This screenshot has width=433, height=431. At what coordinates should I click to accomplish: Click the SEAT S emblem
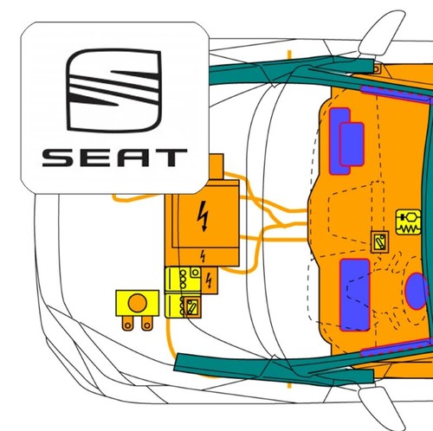click(113, 90)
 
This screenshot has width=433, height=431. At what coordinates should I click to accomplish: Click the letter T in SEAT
click(171, 158)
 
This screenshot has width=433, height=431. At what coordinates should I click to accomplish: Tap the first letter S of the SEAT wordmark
click(58, 158)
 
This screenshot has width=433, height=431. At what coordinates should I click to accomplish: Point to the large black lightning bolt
click(204, 215)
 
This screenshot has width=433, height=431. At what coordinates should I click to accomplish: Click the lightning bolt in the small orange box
click(209, 280)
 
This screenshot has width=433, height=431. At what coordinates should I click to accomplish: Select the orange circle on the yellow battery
click(138, 303)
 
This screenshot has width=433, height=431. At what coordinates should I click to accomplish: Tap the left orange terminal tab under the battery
click(127, 323)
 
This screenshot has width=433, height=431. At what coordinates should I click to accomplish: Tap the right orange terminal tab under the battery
click(147, 323)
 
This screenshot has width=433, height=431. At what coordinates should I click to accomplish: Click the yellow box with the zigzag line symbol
click(409, 222)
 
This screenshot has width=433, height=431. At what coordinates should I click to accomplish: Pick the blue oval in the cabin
click(416, 292)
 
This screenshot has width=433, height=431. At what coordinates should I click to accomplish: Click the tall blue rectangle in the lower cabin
click(355, 295)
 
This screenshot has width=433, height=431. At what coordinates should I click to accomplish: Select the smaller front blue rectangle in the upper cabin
click(352, 145)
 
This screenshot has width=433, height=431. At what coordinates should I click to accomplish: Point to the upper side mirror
click(381, 32)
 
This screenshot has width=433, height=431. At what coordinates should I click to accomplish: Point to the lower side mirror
click(381, 408)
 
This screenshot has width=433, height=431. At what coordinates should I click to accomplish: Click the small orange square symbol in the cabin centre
click(379, 242)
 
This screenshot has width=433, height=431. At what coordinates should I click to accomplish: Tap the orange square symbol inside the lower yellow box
click(192, 307)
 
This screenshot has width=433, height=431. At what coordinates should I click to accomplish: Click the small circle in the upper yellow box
click(195, 273)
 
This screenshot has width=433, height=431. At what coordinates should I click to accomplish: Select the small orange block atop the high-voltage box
click(216, 167)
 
